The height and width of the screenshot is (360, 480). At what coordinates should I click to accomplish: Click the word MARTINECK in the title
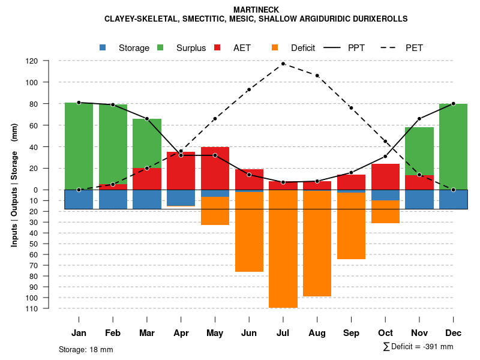(256, 10)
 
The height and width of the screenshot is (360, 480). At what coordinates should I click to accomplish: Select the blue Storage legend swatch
(103, 48)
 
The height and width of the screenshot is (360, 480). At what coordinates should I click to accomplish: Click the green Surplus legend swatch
(160, 48)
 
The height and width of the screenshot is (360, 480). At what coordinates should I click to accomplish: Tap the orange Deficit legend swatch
(275, 48)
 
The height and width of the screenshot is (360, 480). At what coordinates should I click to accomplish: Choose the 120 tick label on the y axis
(49, 61)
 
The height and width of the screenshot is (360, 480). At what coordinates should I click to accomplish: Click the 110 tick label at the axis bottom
(49, 308)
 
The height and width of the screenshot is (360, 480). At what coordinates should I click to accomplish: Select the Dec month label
(453, 333)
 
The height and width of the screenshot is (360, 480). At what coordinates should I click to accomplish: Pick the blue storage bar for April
(181, 198)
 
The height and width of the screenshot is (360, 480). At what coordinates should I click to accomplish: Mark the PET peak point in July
(283, 64)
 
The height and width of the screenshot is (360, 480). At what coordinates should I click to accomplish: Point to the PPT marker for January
(79, 103)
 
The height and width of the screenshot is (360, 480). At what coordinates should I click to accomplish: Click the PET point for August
(317, 76)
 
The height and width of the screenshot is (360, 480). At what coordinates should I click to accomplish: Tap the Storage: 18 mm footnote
(86, 349)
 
